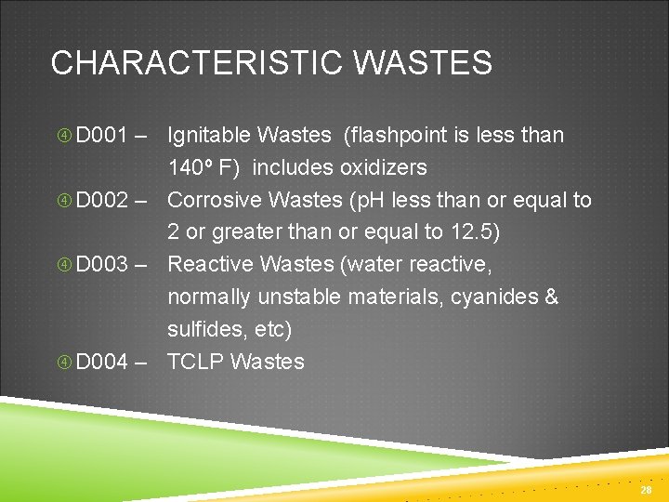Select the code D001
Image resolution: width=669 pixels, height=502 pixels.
tap(102, 136)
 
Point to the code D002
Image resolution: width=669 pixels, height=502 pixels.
tap(102, 201)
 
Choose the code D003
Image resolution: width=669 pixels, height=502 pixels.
tap(102, 265)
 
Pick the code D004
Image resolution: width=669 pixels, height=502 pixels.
tap(102, 362)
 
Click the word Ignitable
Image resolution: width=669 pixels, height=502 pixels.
tap(209, 136)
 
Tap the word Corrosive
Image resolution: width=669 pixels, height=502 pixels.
tap(213, 201)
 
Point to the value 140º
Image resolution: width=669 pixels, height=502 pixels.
tap(190, 168)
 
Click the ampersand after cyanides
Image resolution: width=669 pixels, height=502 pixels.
tap(552, 297)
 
